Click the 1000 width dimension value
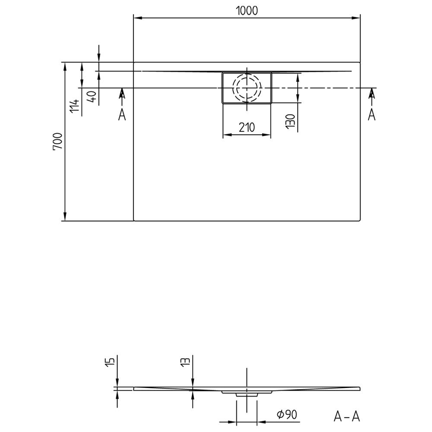pyautogui.click(x=247, y=10)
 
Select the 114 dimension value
pyautogui.click(x=76, y=106)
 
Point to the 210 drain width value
pyautogui.click(x=247, y=127)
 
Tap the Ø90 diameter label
pyautogui.click(x=286, y=415)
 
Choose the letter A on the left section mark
pyautogui.click(x=122, y=115)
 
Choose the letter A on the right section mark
pyautogui.click(x=372, y=115)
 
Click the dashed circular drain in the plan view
pyautogui.click(x=247, y=88)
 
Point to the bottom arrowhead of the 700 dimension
pyautogui.click(x=65, y=217)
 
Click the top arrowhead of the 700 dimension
pyautogui.click(x=65, y=66)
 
